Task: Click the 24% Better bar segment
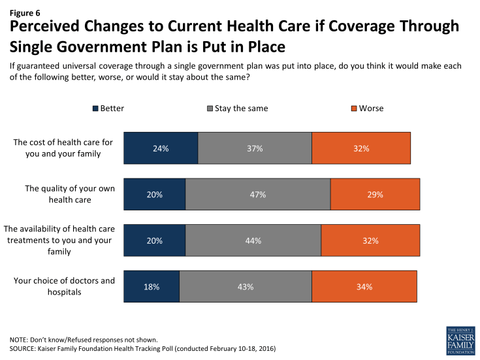click(161, 148)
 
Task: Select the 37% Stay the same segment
click(255, 148)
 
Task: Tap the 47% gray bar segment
click(258, 195)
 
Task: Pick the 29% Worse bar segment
click(375, 195)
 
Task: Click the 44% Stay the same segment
click(253, 240)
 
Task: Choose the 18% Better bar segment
click(151, 287)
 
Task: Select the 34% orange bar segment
click(364, 287)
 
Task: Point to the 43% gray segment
click(246, 287)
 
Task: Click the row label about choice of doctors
click(64, 286)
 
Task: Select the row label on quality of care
click(70, 194)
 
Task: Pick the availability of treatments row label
click(59, 240)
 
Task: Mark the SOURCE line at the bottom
click(142, 350)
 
